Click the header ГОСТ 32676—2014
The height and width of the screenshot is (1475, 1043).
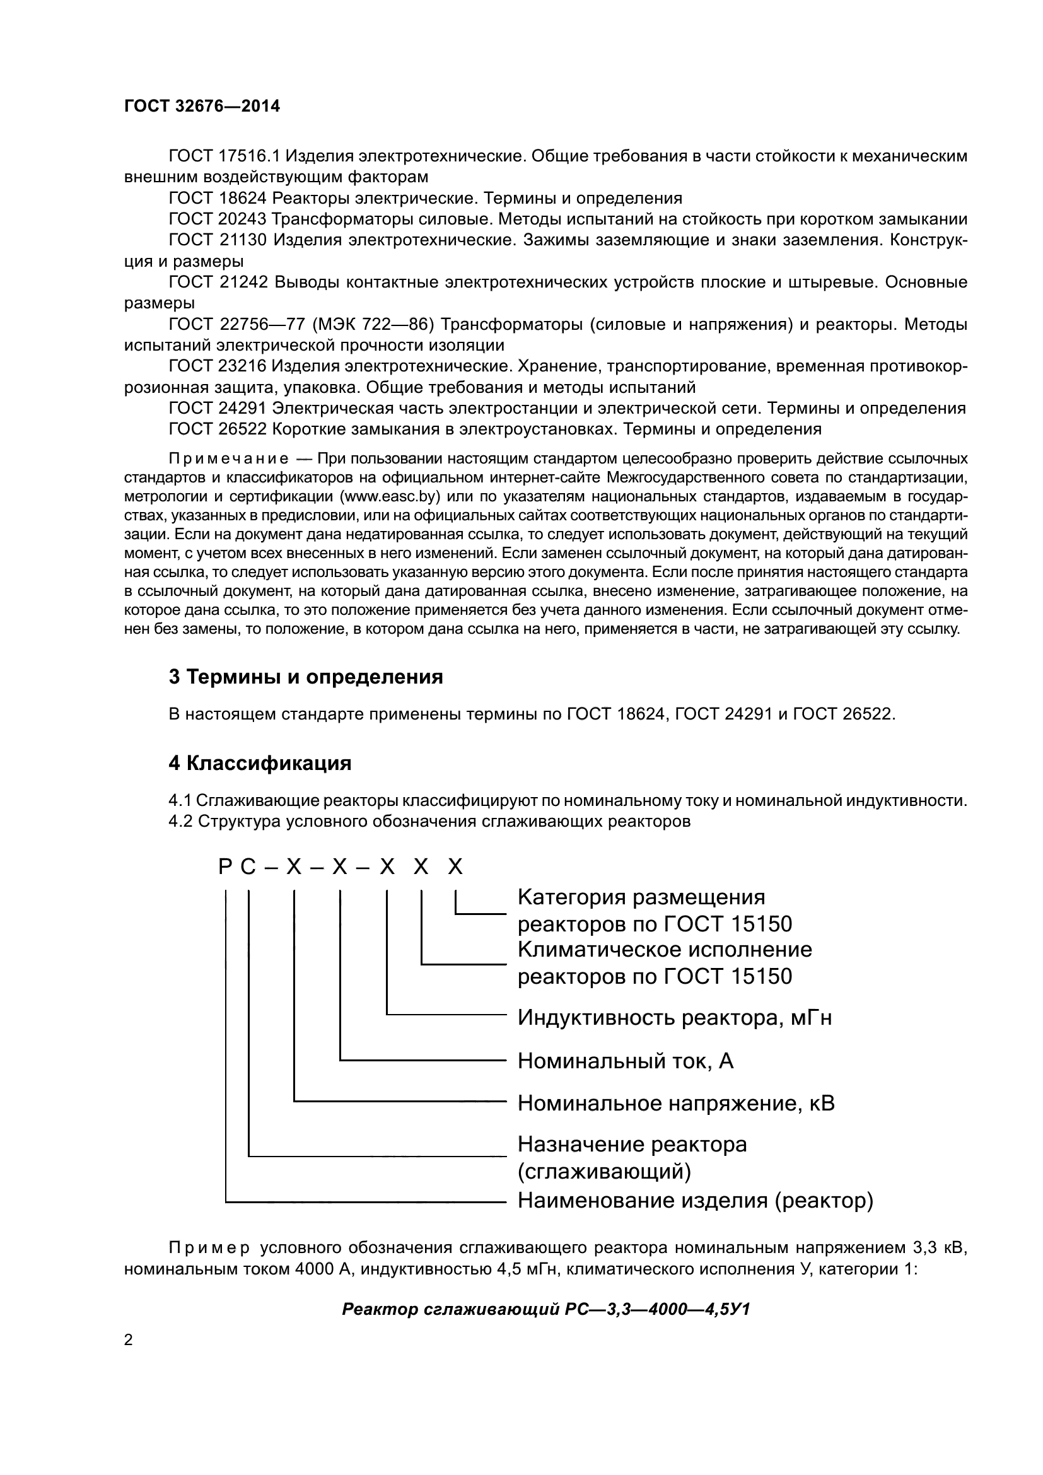click(202, 106)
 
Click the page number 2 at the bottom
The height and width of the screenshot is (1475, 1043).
click(129, 1340)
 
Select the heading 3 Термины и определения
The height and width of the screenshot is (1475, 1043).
click(306, 677)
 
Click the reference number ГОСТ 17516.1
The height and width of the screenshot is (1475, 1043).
click(223, 156)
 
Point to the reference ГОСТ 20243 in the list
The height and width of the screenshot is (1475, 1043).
click(217, 219)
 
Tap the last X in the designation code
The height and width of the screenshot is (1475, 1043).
click(455, 868)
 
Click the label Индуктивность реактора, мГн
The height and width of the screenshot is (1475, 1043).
click(674, 1018)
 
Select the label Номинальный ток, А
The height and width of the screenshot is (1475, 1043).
click(625, 1061)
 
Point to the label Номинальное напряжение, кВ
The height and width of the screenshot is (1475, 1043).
click(675, 1104)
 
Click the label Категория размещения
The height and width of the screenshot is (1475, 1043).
click(641, 897)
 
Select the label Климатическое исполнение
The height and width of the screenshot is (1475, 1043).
click(664, 950)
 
